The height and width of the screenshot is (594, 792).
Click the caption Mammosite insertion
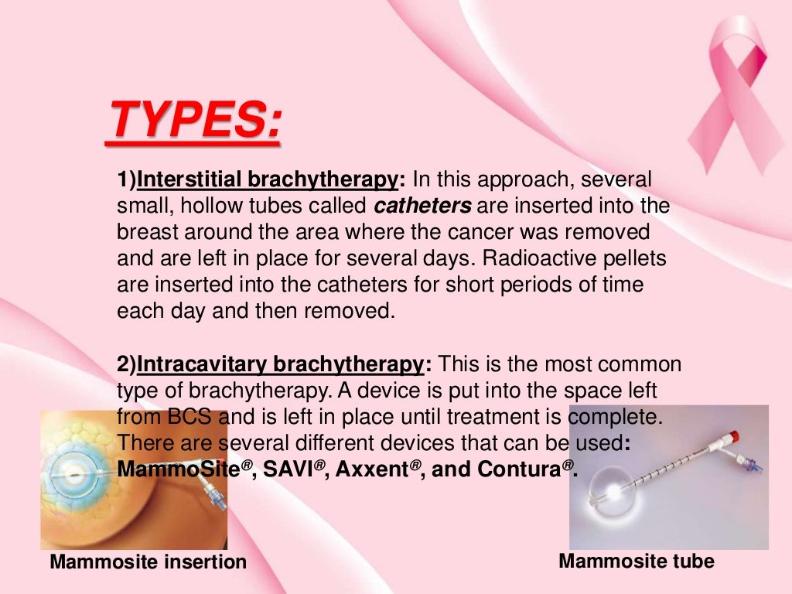click(148, 562)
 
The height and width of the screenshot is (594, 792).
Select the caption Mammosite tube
click(636, 561)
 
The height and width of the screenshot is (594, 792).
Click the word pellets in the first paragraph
click(639, 259)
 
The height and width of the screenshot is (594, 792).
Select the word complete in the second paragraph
click(616, 417)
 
